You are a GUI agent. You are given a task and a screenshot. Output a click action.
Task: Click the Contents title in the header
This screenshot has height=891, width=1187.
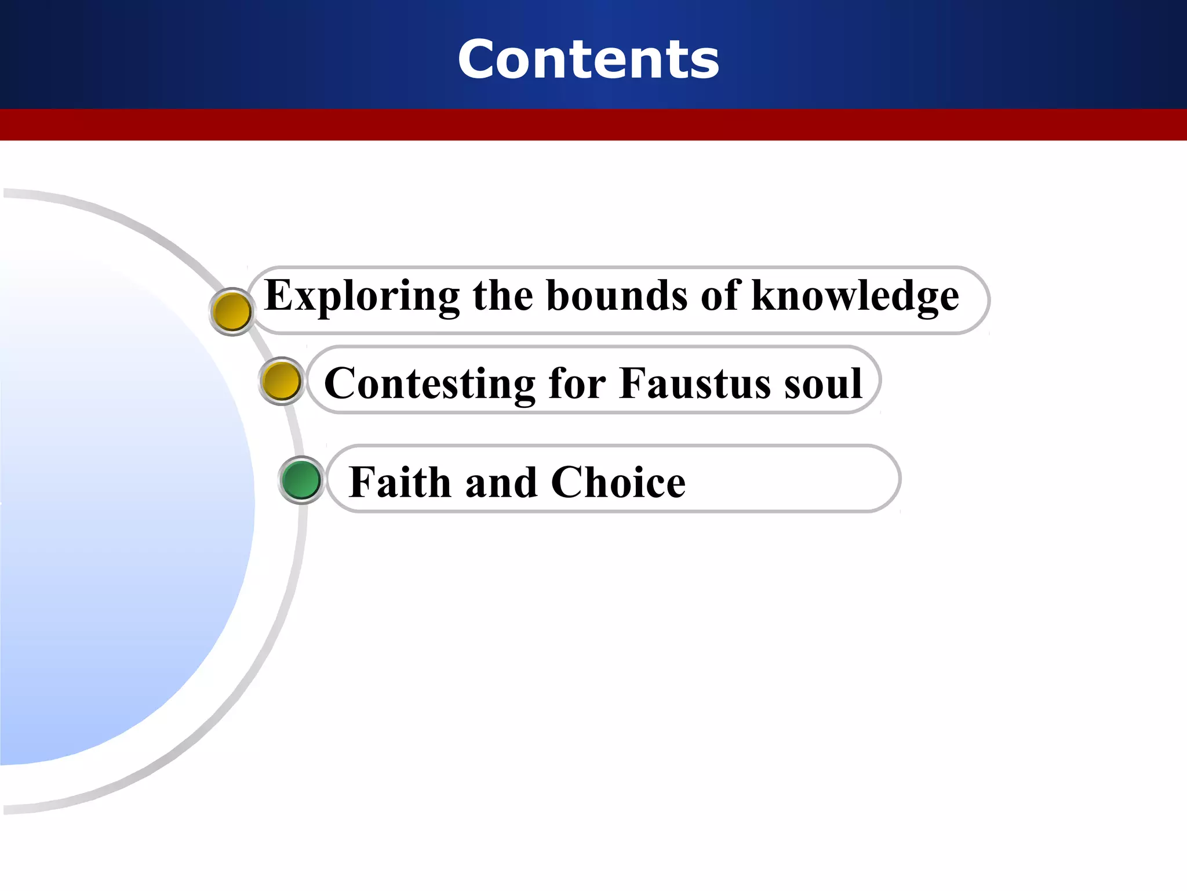[588, 59]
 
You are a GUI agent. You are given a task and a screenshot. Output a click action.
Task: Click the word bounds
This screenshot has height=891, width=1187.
[617, 296]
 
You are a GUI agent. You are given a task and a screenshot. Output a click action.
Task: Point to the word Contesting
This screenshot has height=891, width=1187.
[429, 384]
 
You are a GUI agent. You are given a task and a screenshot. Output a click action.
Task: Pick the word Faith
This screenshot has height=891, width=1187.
[400, 482]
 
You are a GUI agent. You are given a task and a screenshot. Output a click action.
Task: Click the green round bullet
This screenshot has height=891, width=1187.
[301, 480]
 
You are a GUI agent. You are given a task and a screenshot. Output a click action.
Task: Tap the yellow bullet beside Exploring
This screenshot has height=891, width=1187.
[232, 312]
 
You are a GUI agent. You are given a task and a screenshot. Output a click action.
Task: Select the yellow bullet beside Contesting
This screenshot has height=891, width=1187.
[281, 381]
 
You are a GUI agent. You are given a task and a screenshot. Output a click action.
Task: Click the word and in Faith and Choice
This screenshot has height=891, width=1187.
[501, 483]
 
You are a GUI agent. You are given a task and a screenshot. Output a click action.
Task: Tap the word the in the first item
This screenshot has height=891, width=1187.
[503, 296]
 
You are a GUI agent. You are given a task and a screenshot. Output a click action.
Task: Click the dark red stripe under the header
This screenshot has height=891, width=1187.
[593, 125]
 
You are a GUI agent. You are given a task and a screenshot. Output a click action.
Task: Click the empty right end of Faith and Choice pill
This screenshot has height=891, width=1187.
[811, 480]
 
